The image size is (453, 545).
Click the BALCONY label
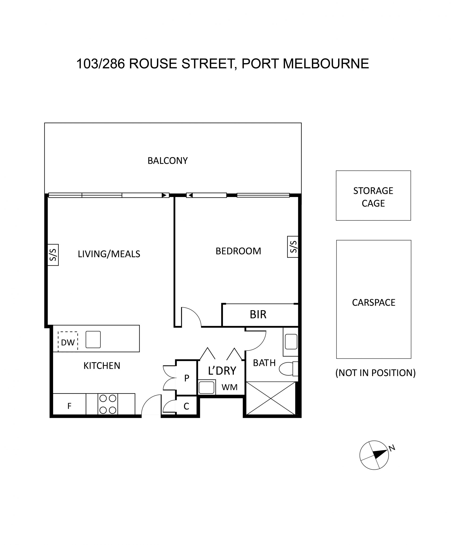coord(168,161)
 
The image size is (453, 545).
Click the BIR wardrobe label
coord(258,314)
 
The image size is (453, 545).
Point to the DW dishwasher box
coord(68,342)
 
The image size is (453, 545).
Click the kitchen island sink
coord(93,339)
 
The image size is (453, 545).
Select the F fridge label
coord(69,406)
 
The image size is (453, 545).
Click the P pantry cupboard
coord(186,378)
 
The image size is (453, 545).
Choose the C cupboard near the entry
coord(186,406)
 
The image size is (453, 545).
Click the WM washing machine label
coord(229,387)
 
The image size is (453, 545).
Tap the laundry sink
coord(206,388)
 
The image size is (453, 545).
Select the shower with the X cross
coord(271,398)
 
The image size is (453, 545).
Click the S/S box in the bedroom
coord(293,247)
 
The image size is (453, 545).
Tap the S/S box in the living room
coord(53,255)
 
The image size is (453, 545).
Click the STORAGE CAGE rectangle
coord(373,195)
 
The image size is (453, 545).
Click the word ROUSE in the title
coord(153,64)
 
